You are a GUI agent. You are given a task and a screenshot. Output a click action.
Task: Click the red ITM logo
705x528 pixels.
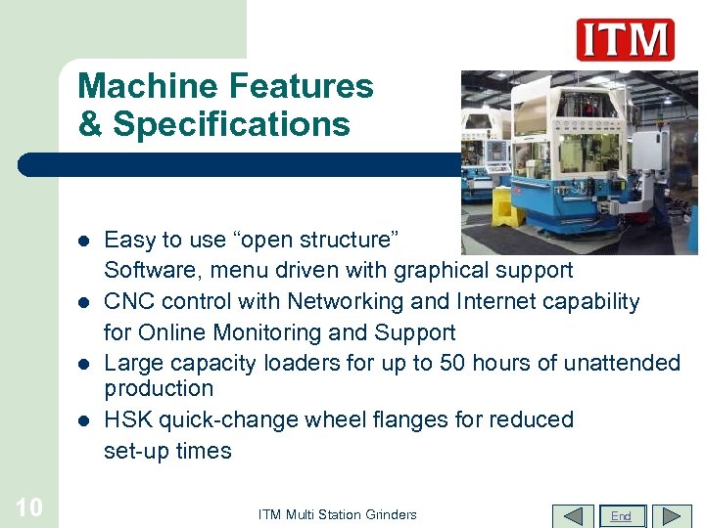(x=625, y=40)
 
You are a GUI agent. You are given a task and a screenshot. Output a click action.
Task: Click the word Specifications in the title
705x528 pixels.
(x=231, y=125)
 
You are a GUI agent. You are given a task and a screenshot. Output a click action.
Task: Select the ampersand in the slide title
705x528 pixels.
(x=90, y=125)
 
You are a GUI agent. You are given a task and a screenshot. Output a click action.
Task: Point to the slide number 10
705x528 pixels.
(x=29, y=506)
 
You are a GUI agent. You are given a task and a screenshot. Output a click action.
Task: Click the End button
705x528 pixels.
(x=620, y=515)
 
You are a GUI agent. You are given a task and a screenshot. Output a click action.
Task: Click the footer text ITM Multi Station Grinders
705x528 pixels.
(x=337, y=514)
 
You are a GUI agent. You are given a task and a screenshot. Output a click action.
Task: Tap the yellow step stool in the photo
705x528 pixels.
(x=506, y=206)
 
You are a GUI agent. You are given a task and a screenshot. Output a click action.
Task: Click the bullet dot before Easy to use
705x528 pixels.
(x=84, y=241)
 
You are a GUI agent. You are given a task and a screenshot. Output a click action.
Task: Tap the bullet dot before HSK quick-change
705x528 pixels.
(x=84, y=420)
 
